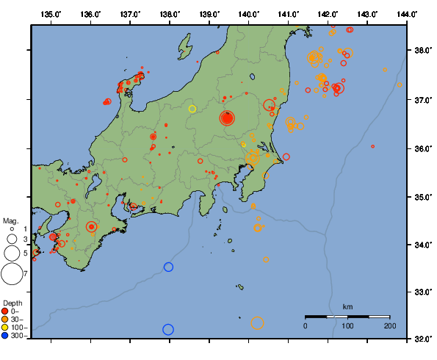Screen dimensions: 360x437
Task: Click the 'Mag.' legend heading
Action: coord(10,220)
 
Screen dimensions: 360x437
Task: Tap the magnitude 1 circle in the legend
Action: coord(12,229)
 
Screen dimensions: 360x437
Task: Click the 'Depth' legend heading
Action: coord(12,303)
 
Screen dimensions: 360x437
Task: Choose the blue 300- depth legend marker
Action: coord(5,336)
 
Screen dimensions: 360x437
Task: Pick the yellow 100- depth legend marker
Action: coord(5,327)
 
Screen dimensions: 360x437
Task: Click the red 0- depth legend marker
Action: coord(5,311)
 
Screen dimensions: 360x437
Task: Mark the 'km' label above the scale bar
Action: coord(348,306)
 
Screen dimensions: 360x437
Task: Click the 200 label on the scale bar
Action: coord(390,325)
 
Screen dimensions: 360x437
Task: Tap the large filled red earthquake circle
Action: coord(227,118)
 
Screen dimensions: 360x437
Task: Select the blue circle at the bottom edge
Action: coord(168,330)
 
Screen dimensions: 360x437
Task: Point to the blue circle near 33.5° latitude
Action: coord(168,267)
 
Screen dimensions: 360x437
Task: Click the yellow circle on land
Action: coord(192,109)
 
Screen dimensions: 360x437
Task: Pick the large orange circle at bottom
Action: coord(257,323)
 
